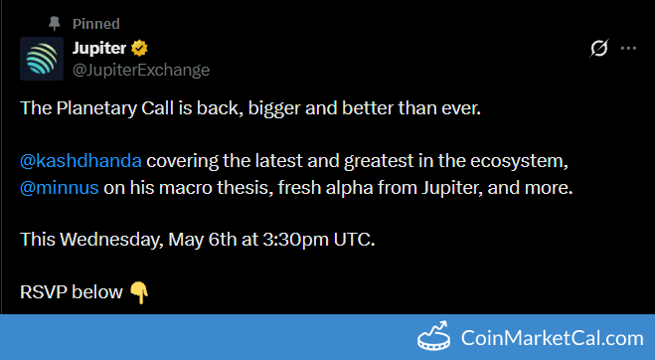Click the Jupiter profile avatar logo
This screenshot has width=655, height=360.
42,59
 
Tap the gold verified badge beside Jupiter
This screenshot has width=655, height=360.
139,48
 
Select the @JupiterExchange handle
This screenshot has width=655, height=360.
141,70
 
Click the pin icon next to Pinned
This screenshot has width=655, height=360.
55,24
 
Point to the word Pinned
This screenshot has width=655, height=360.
96,24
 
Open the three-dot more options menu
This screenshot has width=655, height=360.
628,48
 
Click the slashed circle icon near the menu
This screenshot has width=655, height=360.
599,48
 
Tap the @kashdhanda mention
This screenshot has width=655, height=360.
81,161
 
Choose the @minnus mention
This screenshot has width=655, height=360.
60,188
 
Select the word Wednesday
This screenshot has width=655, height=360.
111,240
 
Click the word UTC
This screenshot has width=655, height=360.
354,240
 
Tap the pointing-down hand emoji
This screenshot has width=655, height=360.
139,292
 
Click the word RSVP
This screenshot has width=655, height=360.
44,292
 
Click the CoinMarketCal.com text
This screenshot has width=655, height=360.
553,338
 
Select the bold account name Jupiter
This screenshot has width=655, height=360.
99,49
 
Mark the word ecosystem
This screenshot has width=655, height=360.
519,161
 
